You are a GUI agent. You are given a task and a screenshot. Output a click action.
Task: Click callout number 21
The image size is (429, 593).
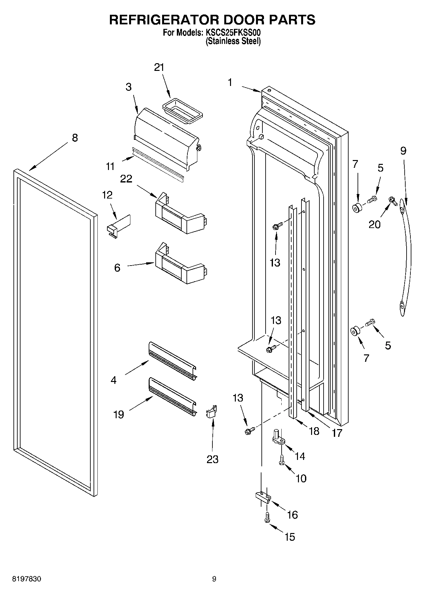[x=159, y=67]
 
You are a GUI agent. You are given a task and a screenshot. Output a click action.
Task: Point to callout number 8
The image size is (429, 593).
[x=74, y=138]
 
